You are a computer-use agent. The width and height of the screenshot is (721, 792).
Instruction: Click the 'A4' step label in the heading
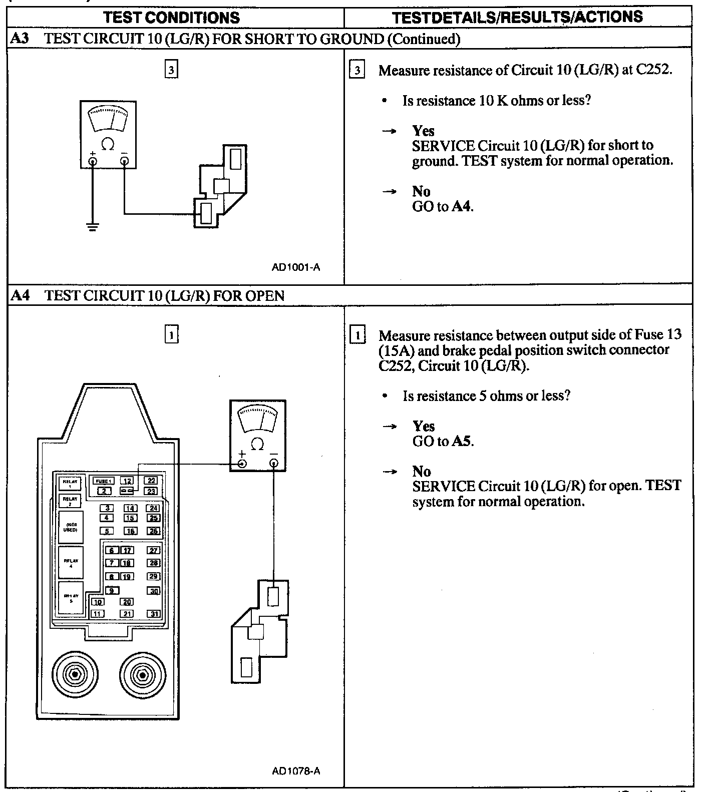[x=20, y=295]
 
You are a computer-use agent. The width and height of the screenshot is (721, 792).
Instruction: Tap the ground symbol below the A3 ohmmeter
[x=93, y=226]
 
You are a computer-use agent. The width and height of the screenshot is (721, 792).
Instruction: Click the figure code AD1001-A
[x=295, y=267]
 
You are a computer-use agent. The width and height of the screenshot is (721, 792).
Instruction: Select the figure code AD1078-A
[x=295, y=771]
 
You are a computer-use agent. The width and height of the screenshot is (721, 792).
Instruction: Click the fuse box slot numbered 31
[x=154, y=614]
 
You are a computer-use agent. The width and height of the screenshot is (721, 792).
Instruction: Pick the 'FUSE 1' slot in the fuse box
[x=104, y=481]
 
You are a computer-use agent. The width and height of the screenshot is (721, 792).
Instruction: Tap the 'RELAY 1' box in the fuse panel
[x=70, y=483]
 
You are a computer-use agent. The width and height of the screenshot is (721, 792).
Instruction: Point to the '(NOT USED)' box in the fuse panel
[x=71, y=527]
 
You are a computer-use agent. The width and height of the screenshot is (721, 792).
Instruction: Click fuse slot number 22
[x=151, y=481]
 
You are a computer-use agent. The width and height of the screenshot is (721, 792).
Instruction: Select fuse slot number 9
[x=112, y=591]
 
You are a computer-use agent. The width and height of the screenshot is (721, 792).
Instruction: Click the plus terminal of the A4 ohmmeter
[x=242, y=464]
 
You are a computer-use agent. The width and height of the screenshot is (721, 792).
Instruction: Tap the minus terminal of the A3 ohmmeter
[x=124, y=161]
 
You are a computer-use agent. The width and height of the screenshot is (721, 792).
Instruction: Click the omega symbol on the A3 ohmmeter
[x=108, y=145]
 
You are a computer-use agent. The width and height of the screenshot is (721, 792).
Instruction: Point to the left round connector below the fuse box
[x=75, y=675]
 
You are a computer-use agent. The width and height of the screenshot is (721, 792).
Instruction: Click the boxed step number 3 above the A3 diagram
[x=171, y=70]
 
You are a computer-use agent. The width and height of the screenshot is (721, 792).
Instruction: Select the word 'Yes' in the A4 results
[x=423, y=426]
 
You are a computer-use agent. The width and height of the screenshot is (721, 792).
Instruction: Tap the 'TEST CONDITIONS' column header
[x=171, y=18]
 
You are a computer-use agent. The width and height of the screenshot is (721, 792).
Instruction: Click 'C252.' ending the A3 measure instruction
[x=654, y=70]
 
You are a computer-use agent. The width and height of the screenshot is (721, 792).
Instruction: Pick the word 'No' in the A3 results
[x=421, y=191]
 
